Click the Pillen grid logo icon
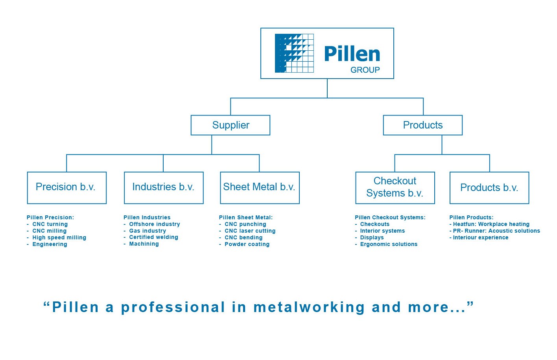click(x=294, y=53)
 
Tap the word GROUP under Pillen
click(x=365, y=70)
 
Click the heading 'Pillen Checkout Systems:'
click(x=390, y=217)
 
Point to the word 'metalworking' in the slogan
click(x=309, y=307)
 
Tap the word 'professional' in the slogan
click(x=173, y=308)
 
